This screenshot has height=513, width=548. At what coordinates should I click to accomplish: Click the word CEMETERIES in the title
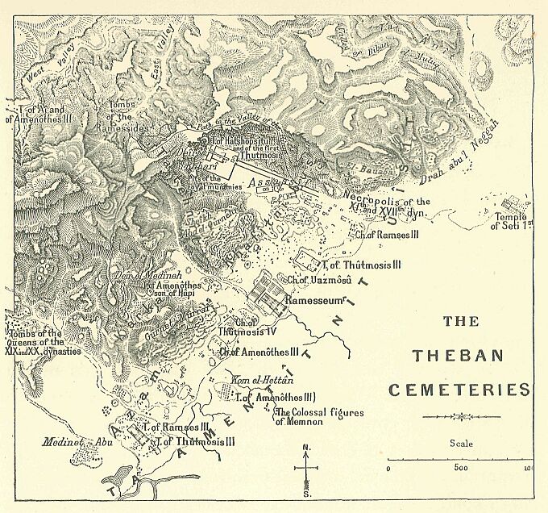tap(459, 390)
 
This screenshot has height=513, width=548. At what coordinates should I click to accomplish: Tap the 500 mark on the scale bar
tap(460, 468)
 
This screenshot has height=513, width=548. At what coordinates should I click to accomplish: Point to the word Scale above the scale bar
tap(462, 443)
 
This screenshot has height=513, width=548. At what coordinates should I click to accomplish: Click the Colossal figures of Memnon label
tap(319, 417)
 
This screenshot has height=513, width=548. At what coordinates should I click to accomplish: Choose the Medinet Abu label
tap(71, 441)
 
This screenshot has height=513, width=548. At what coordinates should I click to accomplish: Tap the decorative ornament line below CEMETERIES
tap(460, 417)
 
